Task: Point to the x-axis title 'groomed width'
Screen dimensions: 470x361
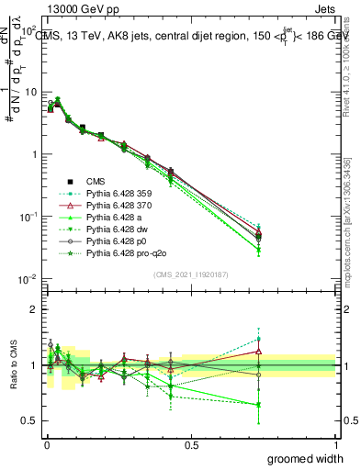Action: pos(307,458)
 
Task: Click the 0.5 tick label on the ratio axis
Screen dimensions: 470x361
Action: pos(28,421)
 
